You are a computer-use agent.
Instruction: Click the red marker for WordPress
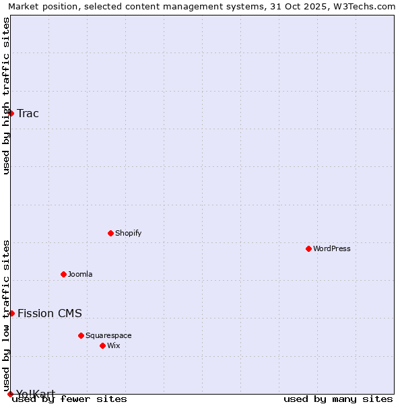308,248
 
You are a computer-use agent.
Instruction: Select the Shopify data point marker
110,233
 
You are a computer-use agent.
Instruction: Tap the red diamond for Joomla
63,274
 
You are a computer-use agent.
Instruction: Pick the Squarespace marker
81,335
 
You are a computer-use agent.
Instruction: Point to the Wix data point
102,345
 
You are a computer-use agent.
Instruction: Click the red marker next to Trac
11,113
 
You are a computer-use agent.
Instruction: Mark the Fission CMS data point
11,313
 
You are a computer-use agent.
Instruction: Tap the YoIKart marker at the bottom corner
10,394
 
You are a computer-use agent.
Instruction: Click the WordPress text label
332,248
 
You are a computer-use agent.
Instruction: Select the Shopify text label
128,233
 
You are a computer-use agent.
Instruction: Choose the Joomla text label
80,274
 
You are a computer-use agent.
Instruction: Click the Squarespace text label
108,335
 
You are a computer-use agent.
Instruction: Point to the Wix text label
114,345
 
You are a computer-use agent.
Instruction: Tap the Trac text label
28,113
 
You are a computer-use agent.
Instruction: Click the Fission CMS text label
50,313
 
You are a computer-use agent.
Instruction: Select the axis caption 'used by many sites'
338,399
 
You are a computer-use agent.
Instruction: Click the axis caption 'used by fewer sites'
70,399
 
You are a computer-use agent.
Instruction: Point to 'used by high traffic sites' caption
6,96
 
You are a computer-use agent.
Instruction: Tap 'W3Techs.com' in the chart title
366,6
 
